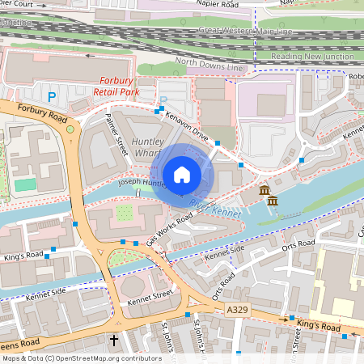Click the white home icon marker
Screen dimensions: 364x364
click(182, 175)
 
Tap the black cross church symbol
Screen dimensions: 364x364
click(113, 341)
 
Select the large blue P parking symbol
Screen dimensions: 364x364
click(52, 96)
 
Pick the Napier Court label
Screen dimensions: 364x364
click(22, 4)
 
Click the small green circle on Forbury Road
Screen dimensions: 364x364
click(70, 129)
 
